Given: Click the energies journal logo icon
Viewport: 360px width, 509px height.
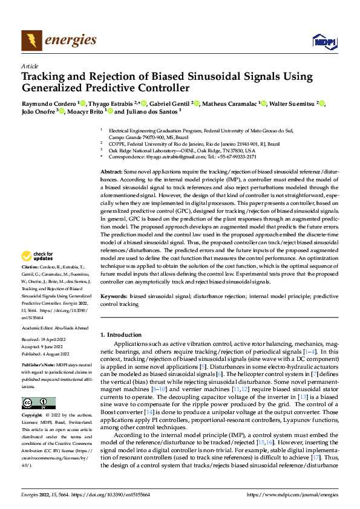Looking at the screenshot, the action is (30, 41).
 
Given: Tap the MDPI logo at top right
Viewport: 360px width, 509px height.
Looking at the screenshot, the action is (322, 41).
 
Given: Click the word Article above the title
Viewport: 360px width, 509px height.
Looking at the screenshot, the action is (30, 66).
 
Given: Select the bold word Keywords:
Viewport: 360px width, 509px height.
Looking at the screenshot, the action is (114, 297).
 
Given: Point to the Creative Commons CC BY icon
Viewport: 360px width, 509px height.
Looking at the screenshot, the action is (38, 387).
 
